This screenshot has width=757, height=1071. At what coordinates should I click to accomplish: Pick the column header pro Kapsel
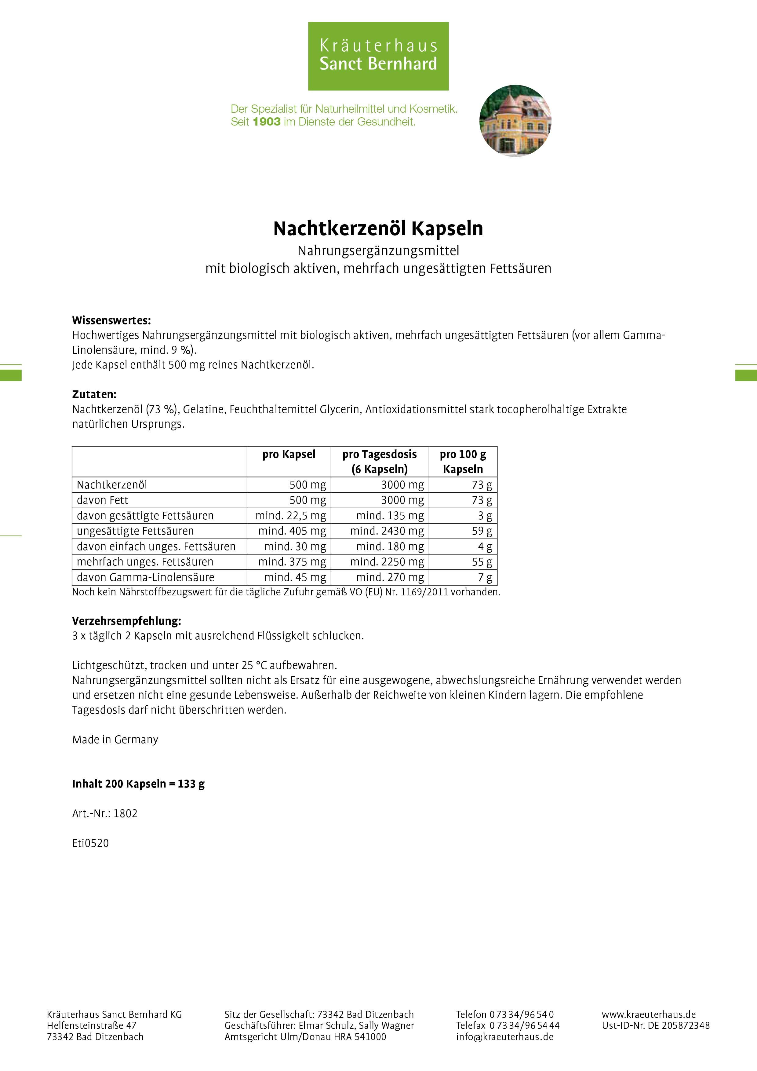point(289,454)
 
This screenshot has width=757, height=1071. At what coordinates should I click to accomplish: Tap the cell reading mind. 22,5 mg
point(291,515)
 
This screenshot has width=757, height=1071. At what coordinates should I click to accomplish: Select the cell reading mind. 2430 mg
point(387,531)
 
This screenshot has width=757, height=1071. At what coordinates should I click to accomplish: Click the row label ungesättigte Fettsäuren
point(135,531)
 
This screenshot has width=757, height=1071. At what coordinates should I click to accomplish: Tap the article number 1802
point(126,813)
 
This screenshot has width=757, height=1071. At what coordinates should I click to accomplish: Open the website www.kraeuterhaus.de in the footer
point(648,1014)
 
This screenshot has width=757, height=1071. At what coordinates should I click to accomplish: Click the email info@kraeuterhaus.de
point(505,1037)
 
